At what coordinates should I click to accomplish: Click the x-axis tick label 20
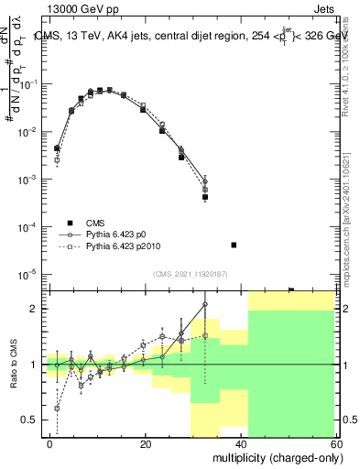pos(146,443)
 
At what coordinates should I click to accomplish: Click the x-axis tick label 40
pos(241,443)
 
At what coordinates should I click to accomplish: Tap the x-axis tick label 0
pos(50,443)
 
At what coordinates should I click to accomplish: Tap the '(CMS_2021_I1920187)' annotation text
pos(190,274)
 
